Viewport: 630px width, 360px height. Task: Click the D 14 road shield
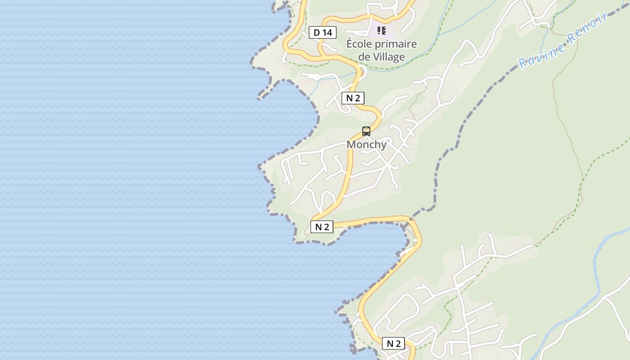(323, 32)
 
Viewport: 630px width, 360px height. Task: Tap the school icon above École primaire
(382, 31)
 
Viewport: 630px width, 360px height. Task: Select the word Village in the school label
(388, 57)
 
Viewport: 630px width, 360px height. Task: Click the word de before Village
(364, 57)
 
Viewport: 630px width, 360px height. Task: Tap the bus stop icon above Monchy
(366, 131)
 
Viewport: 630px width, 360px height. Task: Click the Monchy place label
(366, 144)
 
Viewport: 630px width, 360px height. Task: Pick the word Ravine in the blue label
(540, 54)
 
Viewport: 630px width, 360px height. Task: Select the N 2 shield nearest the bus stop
(353, 98)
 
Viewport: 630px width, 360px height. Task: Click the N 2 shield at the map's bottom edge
(393, 344)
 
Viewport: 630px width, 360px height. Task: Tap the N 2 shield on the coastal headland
(322, 227)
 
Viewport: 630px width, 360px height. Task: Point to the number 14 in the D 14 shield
(327, 32)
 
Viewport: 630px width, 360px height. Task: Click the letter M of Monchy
(351, 144)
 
